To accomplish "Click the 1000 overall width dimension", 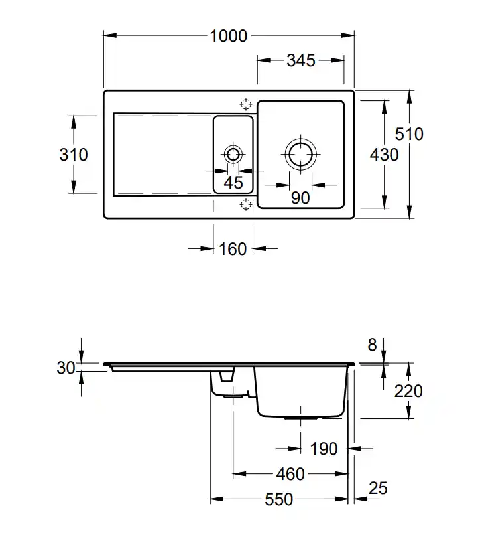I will tap(228, 36).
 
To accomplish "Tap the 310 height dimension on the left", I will tap(73, 155).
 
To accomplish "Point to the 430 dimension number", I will tap(385, 155).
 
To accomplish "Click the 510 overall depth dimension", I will tap(409, 134).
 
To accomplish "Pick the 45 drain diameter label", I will tap(233, 183).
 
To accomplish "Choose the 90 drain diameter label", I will tap(300, 197).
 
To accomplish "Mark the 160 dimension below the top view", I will tap(232, 249).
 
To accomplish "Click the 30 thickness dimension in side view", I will tap(66, 367).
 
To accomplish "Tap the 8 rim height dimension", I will tap(372, 345).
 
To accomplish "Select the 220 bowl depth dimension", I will tap(408, 391).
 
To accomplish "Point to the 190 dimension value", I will tap(324, 449).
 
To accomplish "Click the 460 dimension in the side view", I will tap(290, 474).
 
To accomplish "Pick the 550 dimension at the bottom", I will tap(278, 499).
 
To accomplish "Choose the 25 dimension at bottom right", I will tap(377, 489).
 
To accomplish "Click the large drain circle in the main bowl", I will tap(300, 155).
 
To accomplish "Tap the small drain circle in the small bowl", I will tap(233, 155).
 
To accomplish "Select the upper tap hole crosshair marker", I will tap(246, 104).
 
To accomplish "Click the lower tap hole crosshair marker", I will tap(246, 204).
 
